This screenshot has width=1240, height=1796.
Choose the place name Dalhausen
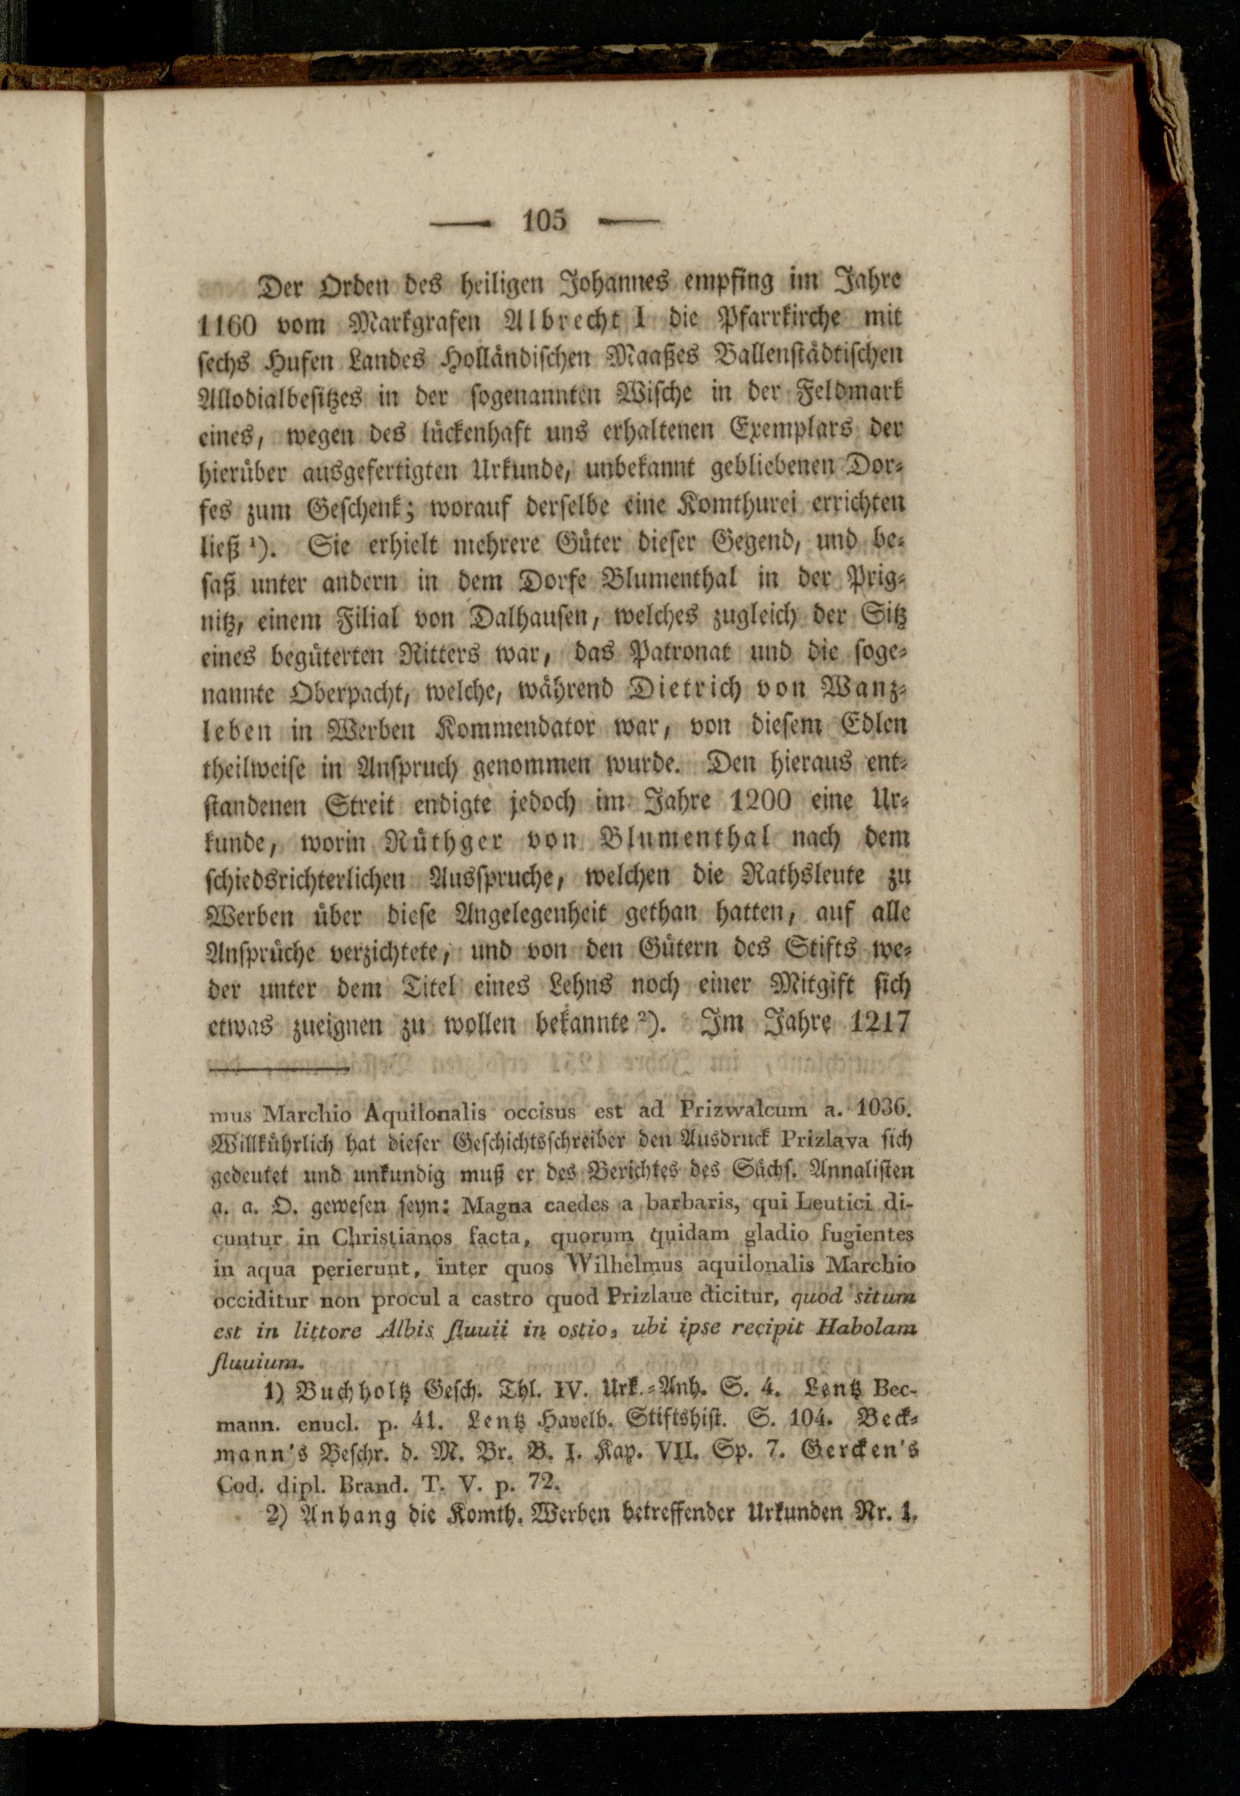click(528, 616)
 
